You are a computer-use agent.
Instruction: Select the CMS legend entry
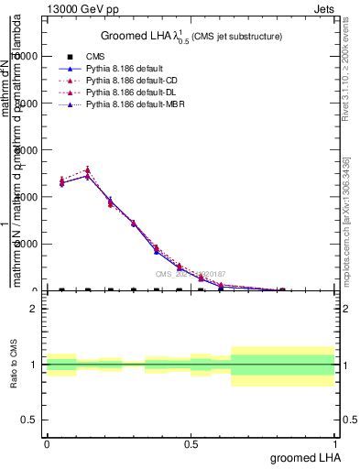[96, 57]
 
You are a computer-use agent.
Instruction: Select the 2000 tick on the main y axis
[25, 244]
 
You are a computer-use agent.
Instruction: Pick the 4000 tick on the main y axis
[25, 197]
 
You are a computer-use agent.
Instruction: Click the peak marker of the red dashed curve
[87, 169]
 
